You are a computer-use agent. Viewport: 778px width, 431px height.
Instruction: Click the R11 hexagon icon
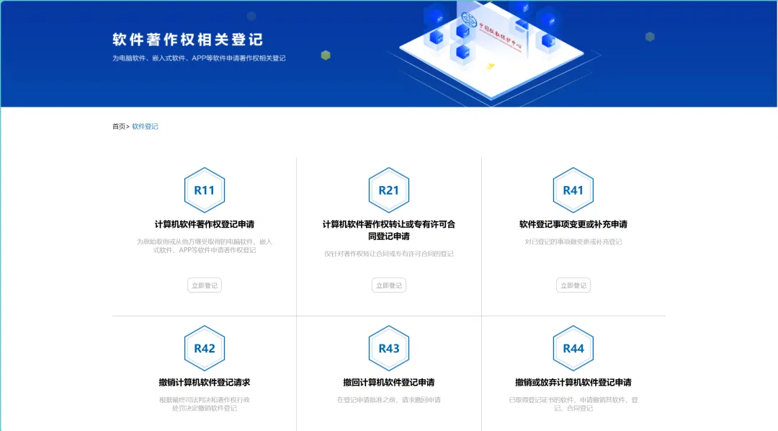point(205,190)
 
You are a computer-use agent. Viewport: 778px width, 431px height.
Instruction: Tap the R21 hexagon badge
point(389,190)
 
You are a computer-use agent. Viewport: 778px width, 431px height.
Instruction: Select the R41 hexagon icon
point(573,190)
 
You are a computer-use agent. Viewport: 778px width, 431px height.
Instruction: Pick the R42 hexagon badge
point(205,348)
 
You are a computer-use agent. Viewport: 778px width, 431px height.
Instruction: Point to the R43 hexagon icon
point(389,348)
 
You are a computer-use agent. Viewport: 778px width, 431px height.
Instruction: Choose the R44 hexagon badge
point(573,348)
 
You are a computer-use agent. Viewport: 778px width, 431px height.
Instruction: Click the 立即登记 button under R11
point(205,285)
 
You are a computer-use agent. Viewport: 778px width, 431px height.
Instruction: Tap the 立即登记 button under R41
point(573,285)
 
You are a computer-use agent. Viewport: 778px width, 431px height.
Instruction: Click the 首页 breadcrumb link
point(119,127)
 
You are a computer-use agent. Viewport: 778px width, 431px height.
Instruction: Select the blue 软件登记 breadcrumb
point(145,127)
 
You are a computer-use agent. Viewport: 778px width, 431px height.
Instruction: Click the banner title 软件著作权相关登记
point(188,40)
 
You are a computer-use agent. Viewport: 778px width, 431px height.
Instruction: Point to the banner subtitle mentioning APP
point(199,58)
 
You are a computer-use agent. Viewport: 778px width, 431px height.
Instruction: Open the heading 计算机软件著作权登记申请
point(205,224)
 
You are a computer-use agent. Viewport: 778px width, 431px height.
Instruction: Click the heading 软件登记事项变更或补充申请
point(573,224)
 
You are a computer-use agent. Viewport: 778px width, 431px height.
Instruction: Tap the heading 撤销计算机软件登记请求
point(205,382)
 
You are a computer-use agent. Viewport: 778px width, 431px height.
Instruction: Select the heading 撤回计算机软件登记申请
point(389,382)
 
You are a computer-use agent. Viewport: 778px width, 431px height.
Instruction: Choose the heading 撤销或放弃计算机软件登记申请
point(573,382)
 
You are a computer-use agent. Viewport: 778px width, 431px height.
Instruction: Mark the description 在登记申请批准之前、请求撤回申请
point(389,400)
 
